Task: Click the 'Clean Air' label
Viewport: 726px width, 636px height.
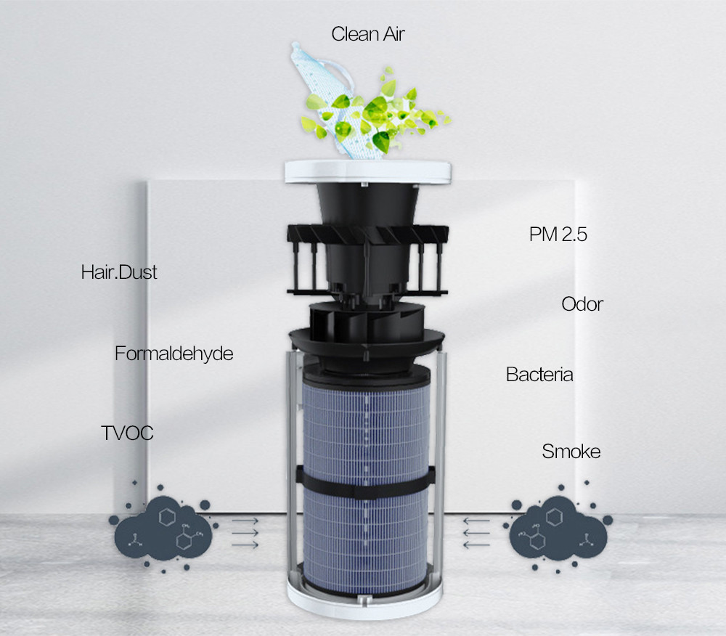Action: (368, 34)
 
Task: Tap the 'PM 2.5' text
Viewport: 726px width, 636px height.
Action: (558, 235)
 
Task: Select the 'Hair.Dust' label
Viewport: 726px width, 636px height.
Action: (119, 272)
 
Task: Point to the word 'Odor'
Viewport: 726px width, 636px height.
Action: (582, 304)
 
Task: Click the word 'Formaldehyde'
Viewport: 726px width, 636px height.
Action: (174, 354)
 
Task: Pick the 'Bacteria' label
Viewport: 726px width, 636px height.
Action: (539, 375)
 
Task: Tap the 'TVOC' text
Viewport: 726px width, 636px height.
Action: (127, 433)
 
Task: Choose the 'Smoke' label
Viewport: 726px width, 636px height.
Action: (571, 452)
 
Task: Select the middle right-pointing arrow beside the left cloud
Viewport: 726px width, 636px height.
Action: (245, 533)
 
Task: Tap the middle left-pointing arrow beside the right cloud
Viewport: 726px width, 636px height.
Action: (476, 533)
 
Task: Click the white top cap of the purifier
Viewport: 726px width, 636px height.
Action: (368, 171)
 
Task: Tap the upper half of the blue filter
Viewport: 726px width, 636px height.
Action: (366, 423)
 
